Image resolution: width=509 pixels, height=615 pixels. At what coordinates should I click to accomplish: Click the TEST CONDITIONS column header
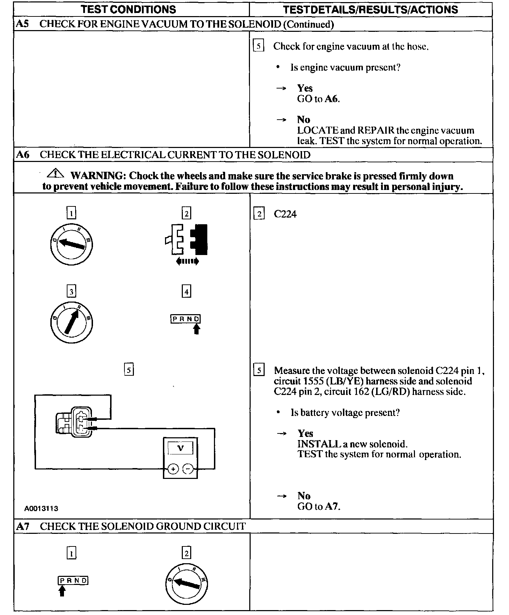pyautogui.click(x=128, y=9)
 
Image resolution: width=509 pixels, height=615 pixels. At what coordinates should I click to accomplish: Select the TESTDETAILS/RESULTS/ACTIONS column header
pyautogui.click(x=370, y=9)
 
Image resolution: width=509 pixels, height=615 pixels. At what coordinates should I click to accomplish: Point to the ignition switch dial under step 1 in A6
pyautogui.click(x=71, y=244)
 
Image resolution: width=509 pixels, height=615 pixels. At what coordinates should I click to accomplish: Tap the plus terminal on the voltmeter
pyautogui.click(x=173, y=469)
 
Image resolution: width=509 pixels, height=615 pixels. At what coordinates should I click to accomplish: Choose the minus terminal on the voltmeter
pyautogui.click(x=188, y=469)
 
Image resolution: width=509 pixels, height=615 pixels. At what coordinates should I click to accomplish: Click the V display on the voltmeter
pyautogui.click(x=180, y=448)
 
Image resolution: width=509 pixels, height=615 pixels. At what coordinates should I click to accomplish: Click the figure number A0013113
pyautogui.click(x=41, y=509)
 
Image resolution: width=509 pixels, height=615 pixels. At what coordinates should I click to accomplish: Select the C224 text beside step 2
pyautogui.click(x=285, y=214)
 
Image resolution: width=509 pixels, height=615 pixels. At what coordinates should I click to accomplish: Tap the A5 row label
pyautogui.click(x=22, y=24)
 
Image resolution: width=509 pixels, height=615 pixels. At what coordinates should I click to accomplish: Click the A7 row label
pyautogui.click(x=23, y=526)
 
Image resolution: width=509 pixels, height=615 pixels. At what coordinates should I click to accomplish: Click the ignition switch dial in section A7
pyautogui.click(x=187, y=583)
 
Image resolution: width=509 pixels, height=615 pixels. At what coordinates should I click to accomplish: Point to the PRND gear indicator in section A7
pyautogui.click(x=73, y=581)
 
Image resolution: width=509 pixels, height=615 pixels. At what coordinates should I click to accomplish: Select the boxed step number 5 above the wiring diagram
pyautogui.click(x=129, y=370)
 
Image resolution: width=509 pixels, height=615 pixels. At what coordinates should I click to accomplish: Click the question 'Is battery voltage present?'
pyautogui.click(x=345, y=413)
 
